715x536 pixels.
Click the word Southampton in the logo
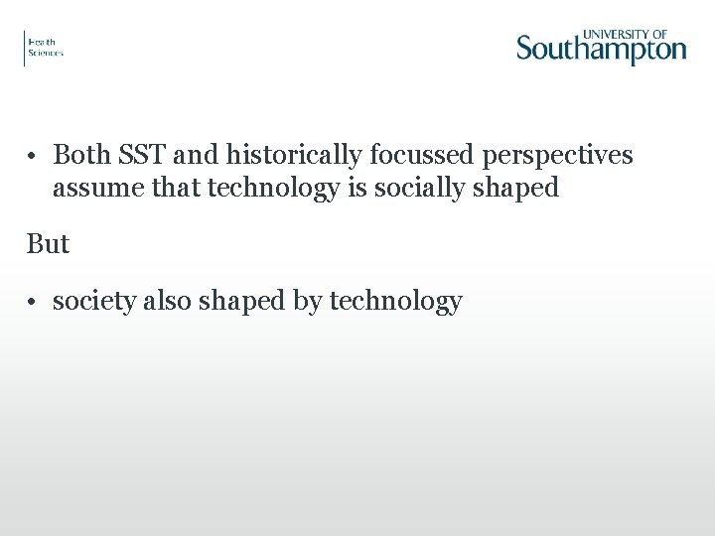click(601, 49)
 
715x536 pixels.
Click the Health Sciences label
click(45, 48)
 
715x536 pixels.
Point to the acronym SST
click(145, 156)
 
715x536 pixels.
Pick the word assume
click(91, 188)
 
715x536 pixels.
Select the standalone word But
click(48, 244)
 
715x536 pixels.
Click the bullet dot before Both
click(33, 157)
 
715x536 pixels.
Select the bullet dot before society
click(33, 302)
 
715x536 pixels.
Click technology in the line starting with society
click(395, 302)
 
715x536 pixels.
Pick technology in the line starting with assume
click(273, 188)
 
